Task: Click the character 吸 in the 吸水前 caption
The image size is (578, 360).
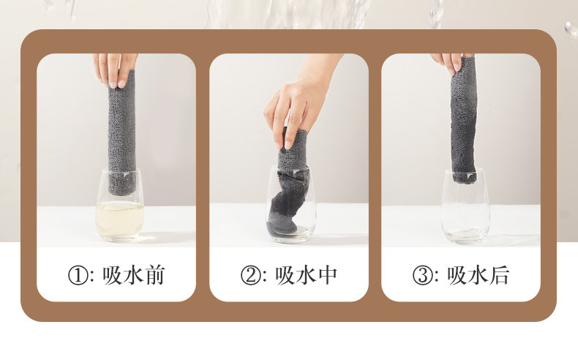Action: [112, 275]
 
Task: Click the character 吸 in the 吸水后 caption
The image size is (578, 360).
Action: [457, 275]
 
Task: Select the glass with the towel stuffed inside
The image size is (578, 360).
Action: [291, 204]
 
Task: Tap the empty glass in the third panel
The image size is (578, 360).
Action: [465, 206]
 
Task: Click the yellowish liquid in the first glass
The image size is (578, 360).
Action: [119, 220]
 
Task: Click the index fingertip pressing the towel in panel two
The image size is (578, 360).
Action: [288, 143]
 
